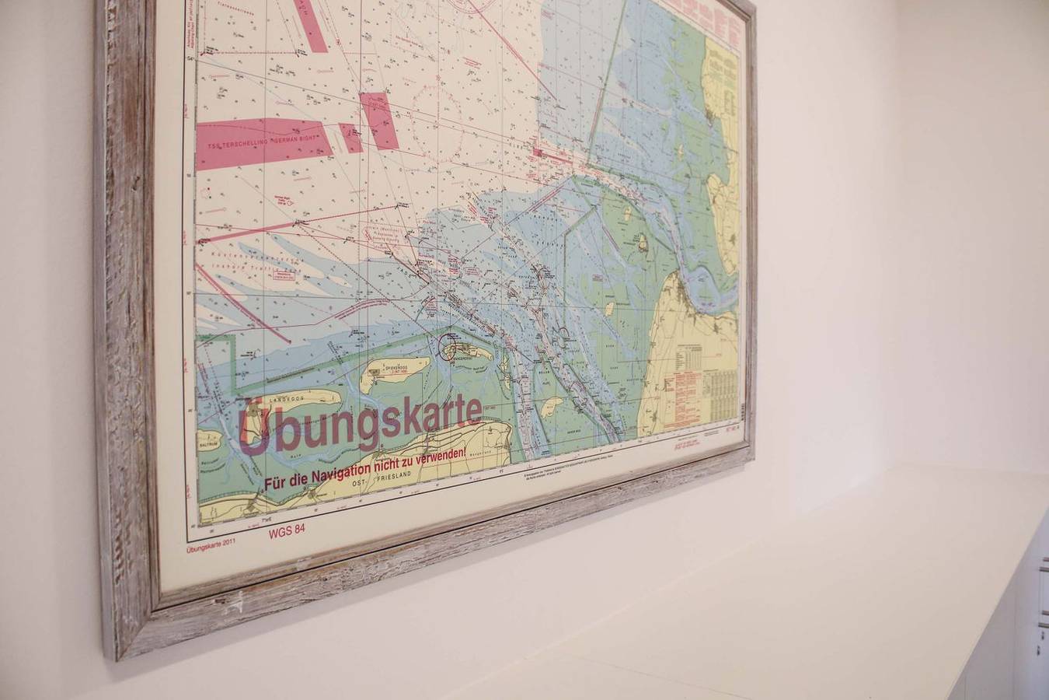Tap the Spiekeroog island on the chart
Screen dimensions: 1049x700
(396, 371)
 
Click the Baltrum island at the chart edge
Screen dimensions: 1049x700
(208, 442)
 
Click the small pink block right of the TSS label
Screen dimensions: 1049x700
(350, 138)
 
